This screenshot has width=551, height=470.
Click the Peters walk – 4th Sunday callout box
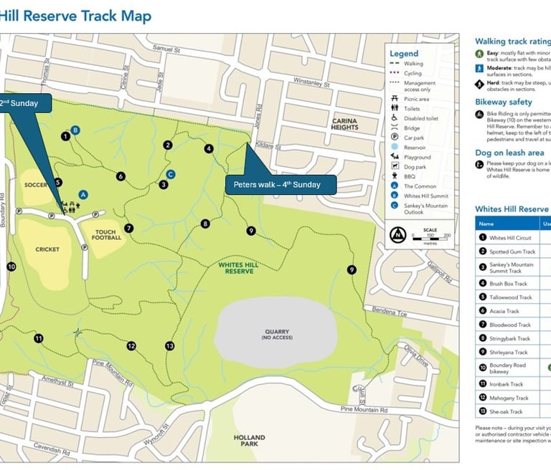pos(281,185)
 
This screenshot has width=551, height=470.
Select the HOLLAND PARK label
pos(249,441)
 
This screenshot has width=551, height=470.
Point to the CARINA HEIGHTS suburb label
pos(344,125)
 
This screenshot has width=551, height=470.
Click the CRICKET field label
pos(47,249)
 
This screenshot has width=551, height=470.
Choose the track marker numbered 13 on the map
pos(169,346)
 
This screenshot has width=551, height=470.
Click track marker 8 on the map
pos(205,224)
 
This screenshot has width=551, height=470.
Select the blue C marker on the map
pos(170,174)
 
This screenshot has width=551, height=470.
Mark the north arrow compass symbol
pos(397,234)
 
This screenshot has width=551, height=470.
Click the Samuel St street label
pos(166,50)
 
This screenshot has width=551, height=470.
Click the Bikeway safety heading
pos(504,102)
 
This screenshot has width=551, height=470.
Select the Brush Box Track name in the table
pos(508,284)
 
